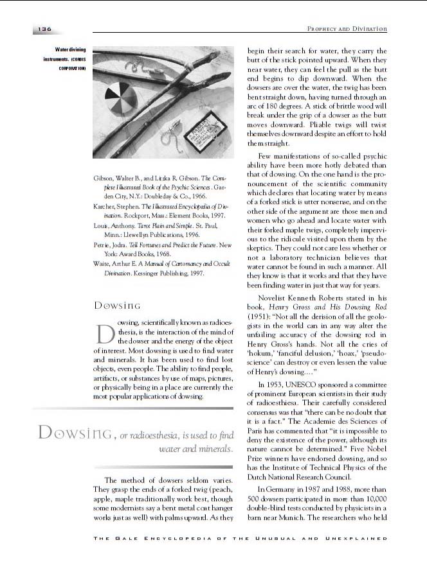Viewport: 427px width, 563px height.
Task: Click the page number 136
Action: tap(44, 29)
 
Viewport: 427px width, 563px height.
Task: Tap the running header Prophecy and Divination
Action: tap(347, 29)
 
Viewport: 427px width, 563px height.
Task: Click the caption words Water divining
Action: tap(70, 49)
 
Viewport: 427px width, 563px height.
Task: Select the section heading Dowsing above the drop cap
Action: tap(117, 306)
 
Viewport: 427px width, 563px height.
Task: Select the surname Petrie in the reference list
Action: tap(104, 246)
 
